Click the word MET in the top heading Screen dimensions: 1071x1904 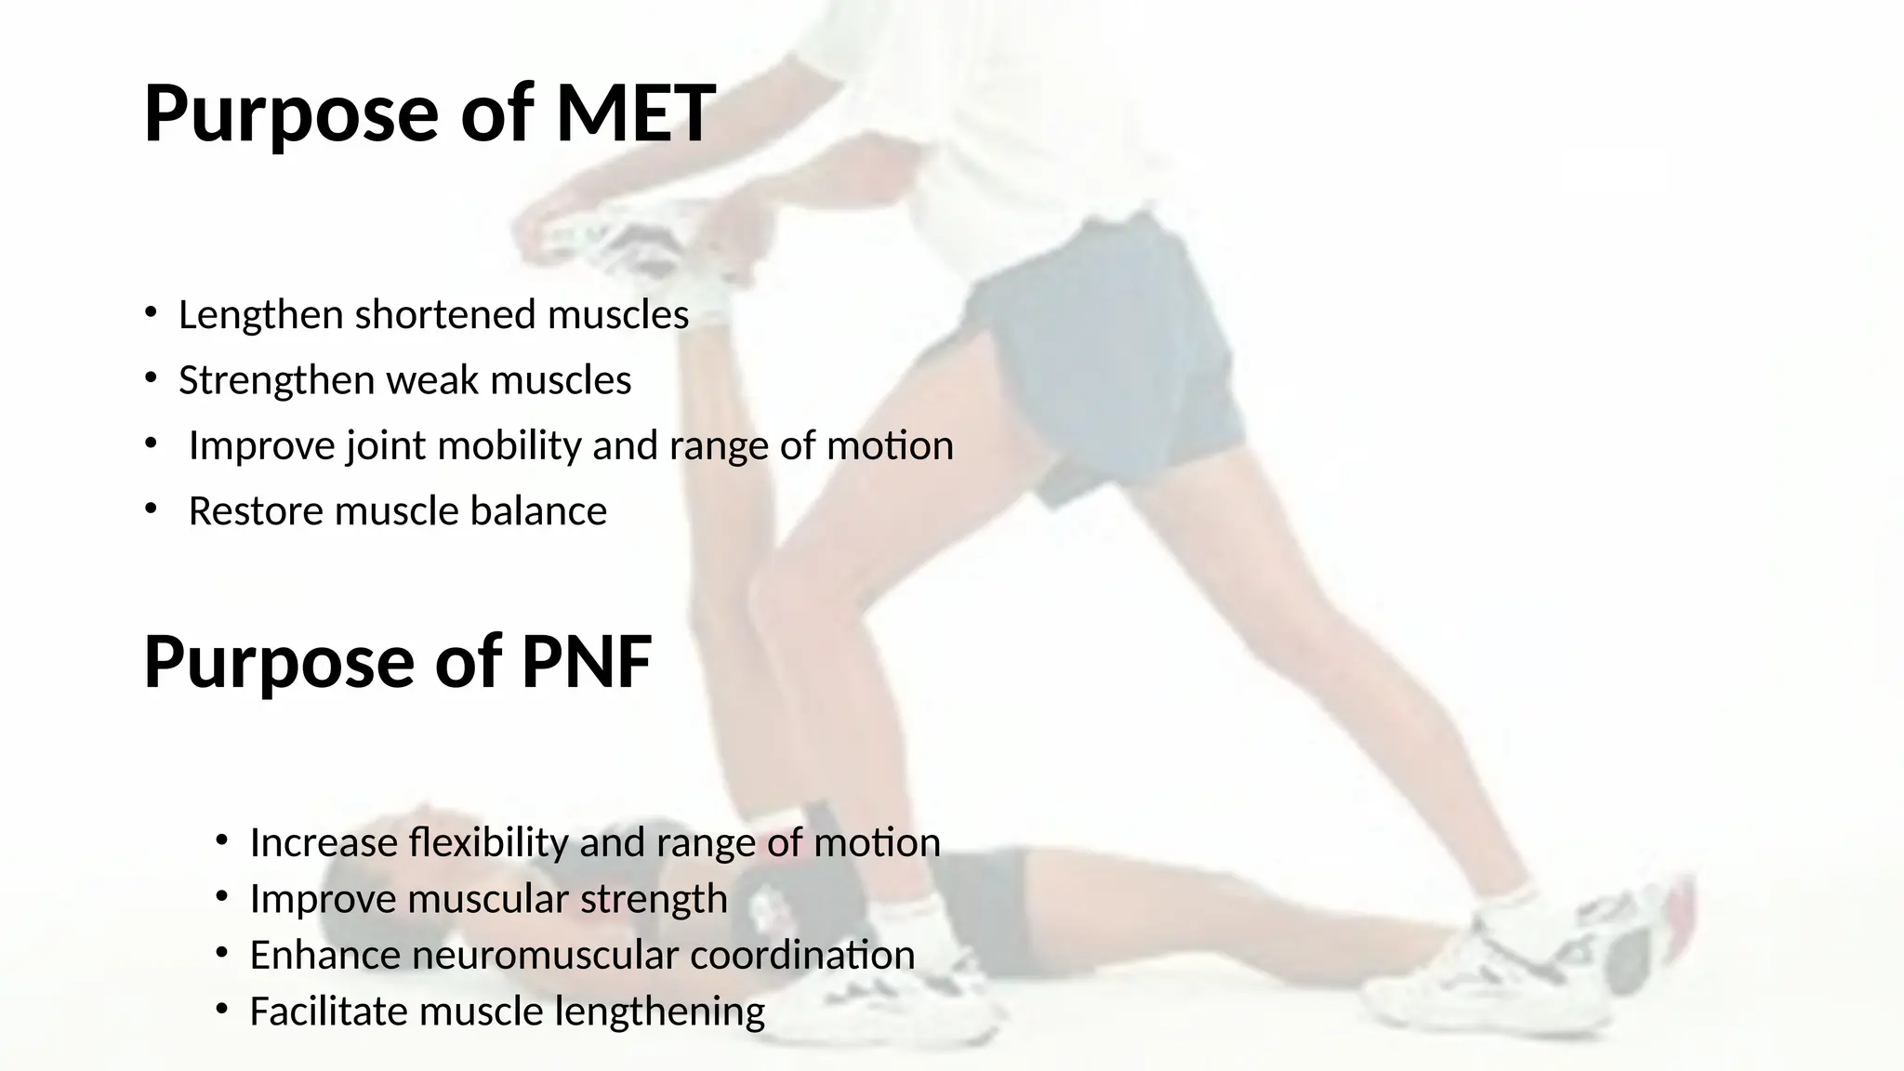click(635, 113)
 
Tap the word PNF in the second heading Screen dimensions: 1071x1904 click(586, 662)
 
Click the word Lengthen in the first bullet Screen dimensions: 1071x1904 click(261, 315)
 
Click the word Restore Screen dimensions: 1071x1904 click(257, 511)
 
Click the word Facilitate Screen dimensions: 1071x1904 click(329, 1011)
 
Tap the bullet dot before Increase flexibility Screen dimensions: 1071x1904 click(221, 841)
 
